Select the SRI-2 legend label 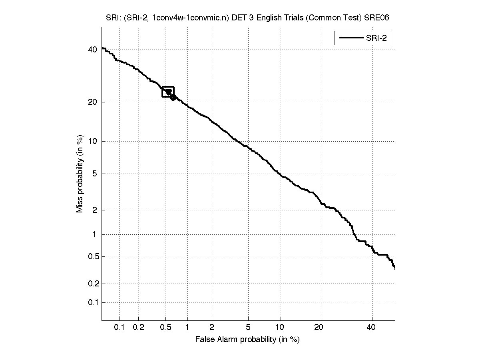377,38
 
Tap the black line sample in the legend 351,38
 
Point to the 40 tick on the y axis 92,50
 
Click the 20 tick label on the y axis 92,102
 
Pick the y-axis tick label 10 92,141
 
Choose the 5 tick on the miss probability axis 95,174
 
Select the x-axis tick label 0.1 120,328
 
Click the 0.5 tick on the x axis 165,328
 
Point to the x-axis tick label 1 187,328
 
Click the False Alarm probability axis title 247,340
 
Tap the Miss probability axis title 80,173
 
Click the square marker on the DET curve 168,92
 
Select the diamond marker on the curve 173,97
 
